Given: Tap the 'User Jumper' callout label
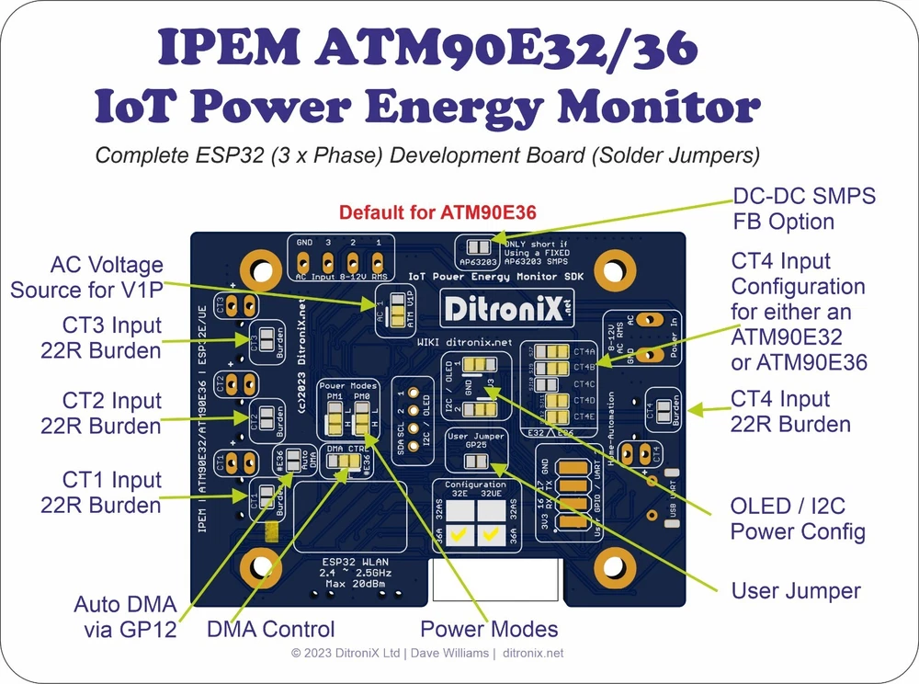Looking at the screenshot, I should pyautogui.click(x=796, y=590).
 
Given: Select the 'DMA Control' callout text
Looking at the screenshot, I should pyautogui.click(x=270, y=629).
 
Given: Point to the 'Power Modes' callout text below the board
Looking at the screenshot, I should pyautogui.click(x=489, y=629).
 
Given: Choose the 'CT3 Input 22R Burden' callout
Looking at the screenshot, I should pyautogui.click(x=101, y=337).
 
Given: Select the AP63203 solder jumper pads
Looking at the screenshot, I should pyautogui.click(x=478, y=248).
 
